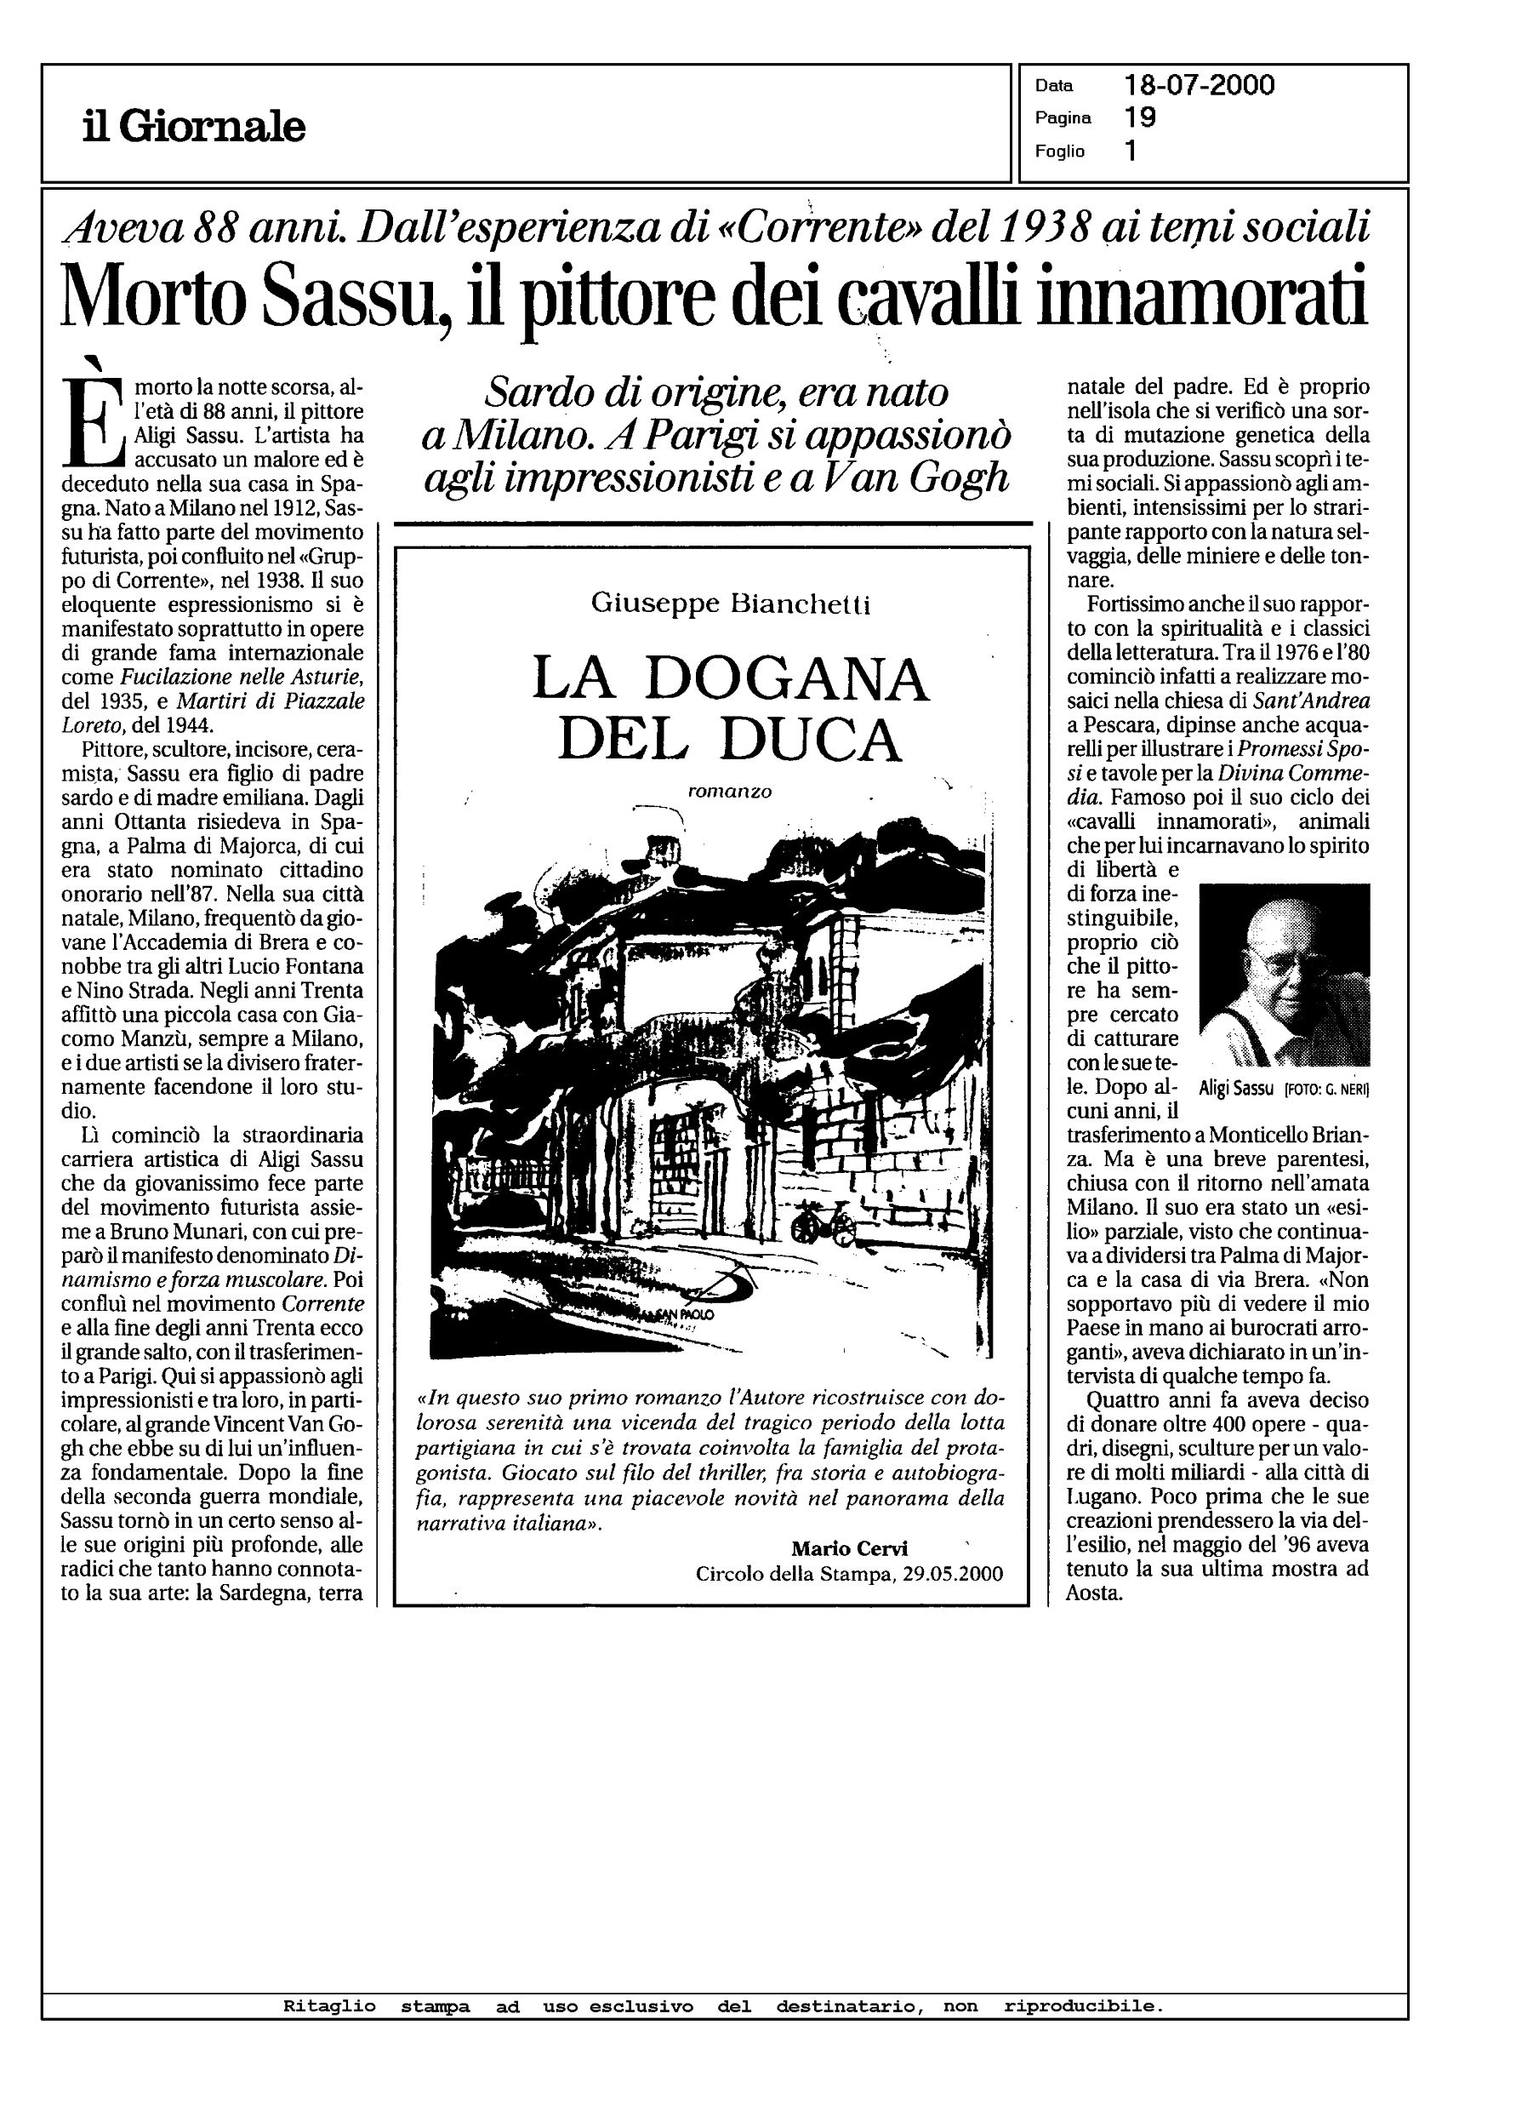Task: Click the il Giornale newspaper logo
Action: click(193, 126)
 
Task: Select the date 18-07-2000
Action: click(1200, 86)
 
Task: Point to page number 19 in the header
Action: click(1141, 117)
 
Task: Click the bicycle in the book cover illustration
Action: click(823, 1216)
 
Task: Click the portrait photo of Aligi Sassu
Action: click(1284, 974)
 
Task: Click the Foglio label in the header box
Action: click(1059, 152)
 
